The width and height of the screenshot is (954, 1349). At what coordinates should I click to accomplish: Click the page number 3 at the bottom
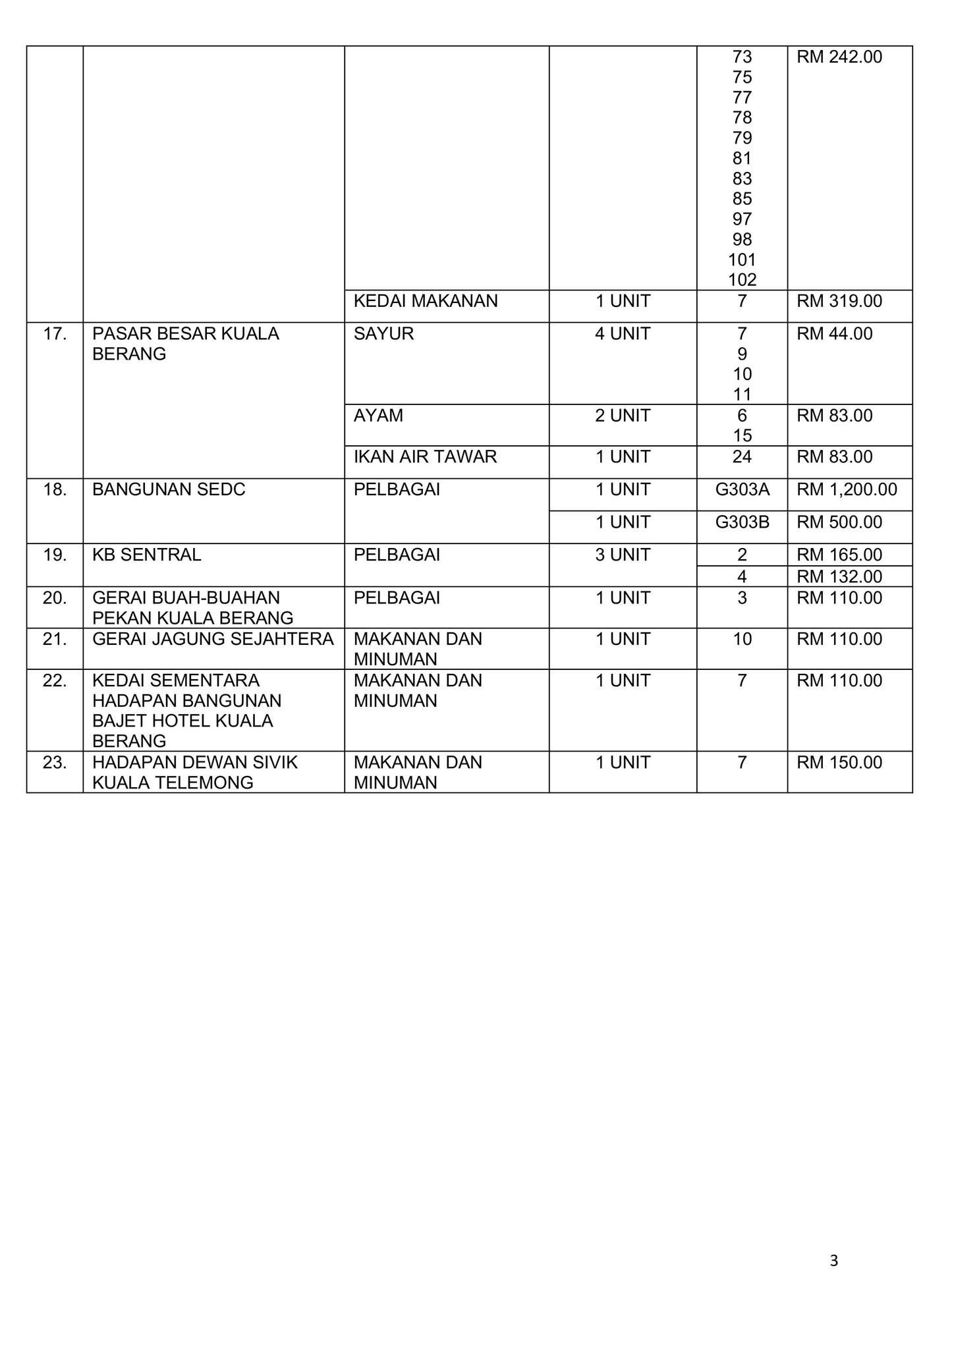coord(833,1261)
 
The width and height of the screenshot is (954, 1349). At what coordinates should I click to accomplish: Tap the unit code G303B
coord(742,522)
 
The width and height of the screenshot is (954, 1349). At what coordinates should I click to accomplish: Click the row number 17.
coord(55,334)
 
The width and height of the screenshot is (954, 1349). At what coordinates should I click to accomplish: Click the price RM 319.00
coord(839,301)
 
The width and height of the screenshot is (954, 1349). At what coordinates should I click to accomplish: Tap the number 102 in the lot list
coord(742,280)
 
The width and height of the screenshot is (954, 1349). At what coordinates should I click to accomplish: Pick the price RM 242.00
coord(839,57)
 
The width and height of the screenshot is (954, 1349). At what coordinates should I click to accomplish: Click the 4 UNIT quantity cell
coord(623,334)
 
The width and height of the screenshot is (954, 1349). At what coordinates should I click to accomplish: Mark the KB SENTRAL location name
coord(146,555)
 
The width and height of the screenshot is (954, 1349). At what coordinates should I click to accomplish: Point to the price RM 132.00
coord(839,577)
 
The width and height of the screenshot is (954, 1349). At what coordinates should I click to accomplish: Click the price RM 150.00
coord(839,762)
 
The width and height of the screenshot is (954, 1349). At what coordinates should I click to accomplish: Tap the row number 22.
coord(55,680)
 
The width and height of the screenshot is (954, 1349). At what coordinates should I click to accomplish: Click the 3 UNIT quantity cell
coord(623,555)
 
